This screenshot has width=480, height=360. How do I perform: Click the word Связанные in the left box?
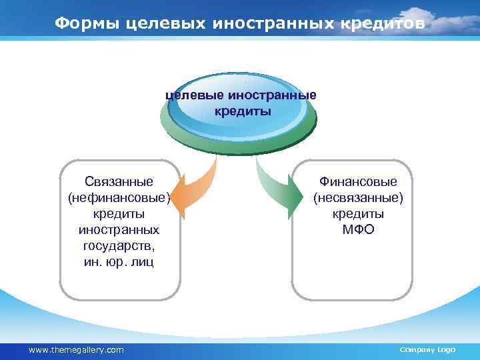click(x=119, y=181)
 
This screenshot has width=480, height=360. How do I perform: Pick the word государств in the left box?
click(x=119, y=245)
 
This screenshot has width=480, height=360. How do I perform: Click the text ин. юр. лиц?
click(x=119, y=261)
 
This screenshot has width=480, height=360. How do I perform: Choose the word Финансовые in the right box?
click(x=358, y=181)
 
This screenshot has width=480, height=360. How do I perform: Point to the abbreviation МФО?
click(x=358, y=229)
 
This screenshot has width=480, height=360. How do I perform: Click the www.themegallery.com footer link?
click(x=77, y=350)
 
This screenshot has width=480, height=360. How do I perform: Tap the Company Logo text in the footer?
click(x=427, y=350)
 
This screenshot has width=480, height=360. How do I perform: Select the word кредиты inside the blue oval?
click(x=243, y=111)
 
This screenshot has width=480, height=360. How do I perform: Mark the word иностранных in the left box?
click(x=119, y=229)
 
